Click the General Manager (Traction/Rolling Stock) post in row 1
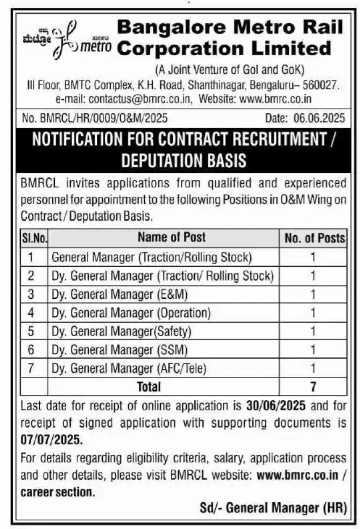point(151,256)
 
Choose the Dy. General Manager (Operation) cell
point(130,313)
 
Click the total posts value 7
point(313,387)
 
